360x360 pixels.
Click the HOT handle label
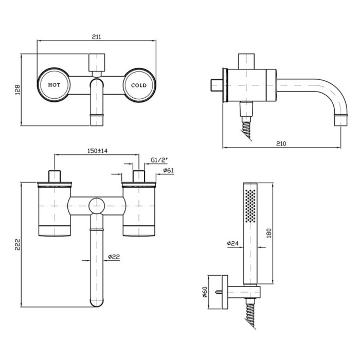54,85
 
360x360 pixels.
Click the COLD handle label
139,85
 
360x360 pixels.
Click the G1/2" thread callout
158,160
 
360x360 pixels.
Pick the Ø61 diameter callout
167,170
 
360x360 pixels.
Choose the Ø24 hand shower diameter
233,244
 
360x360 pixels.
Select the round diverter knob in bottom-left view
96,206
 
